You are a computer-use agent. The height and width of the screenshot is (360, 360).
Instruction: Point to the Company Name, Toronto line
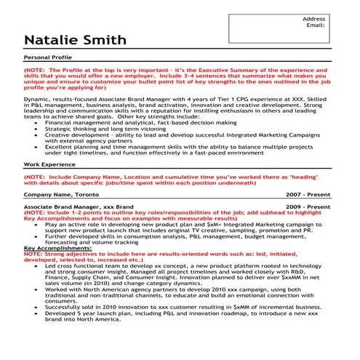click(60, 195)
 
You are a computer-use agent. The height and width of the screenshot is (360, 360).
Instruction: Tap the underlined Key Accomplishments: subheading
click(58, 248)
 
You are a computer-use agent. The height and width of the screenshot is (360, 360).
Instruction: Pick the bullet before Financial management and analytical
click(36, 124)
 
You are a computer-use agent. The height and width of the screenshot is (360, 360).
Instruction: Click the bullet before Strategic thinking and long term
click(36, 129)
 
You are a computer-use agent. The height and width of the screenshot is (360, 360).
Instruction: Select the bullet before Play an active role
click(36, 225)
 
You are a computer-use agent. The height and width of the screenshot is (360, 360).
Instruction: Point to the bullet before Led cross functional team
click(36, 266)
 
